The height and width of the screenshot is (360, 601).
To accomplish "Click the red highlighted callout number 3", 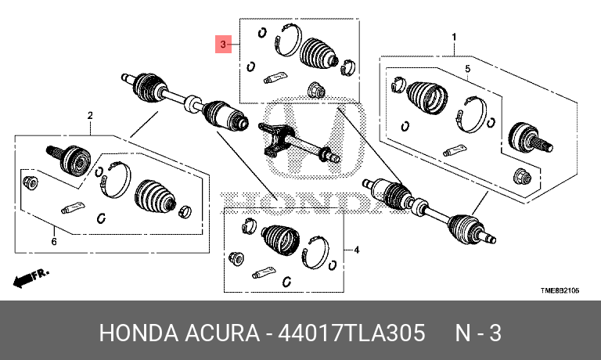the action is point(223,45).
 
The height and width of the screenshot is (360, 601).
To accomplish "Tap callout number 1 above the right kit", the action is point(454,38).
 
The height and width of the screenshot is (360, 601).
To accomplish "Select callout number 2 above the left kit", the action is point(90,115).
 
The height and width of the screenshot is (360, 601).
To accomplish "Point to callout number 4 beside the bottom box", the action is point(357,250).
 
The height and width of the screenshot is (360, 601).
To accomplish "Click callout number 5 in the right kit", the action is point(468,69).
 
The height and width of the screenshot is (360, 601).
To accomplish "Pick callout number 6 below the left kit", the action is point(54,242).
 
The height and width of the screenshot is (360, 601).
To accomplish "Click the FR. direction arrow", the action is point(31,278).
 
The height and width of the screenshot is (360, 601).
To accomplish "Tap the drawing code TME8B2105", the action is point(560,290).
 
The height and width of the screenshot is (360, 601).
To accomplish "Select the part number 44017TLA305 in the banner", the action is point(351,333).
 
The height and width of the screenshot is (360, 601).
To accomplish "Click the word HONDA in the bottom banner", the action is point(139,333).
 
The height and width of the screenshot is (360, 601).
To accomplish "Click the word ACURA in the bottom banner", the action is point(222,333).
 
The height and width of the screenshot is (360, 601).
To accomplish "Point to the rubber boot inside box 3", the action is point(318,54).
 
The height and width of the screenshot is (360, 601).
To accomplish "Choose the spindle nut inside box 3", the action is point(317,89).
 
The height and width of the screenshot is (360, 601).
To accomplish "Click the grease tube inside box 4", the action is point(264,272).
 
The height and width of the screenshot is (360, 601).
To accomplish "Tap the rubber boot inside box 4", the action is point(280,239).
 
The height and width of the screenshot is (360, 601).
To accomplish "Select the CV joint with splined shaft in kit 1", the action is point(530,139).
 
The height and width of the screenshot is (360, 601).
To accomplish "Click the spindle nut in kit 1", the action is point(523,176).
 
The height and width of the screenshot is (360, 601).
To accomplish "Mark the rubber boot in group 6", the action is point(155,195).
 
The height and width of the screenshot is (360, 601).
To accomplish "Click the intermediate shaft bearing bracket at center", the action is point(276,140).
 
